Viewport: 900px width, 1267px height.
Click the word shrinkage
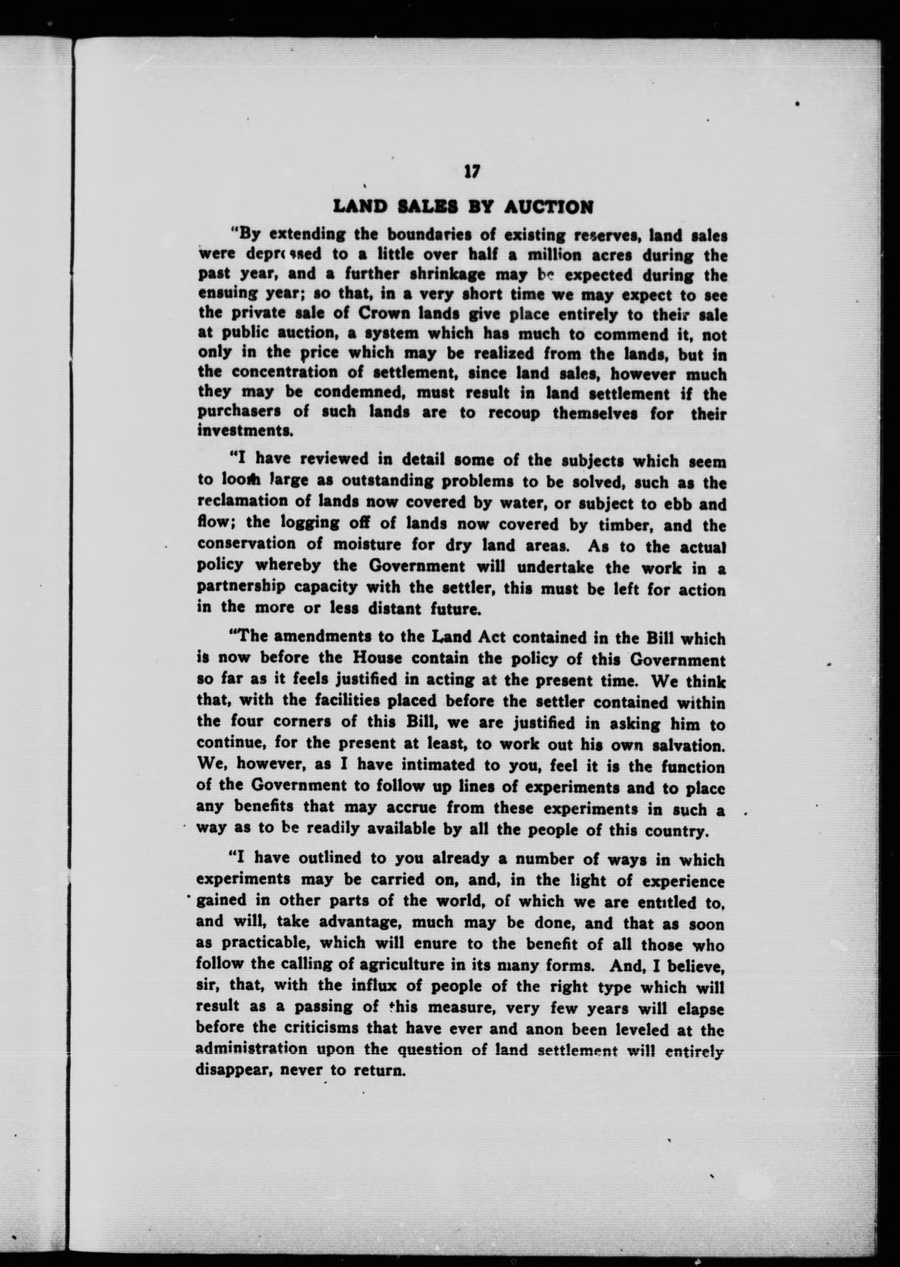[378, 275]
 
